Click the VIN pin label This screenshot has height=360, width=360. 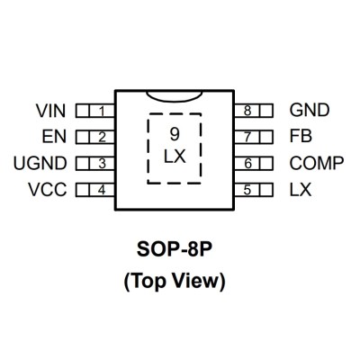point(50,111)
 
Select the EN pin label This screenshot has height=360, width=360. point(54,137)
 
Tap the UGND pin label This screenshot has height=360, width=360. point(40,164)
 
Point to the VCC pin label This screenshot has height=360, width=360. point(48,190)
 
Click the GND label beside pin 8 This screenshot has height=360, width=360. point(310,110)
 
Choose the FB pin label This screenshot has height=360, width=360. point(301,136)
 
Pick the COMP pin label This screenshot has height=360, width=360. point(317,163)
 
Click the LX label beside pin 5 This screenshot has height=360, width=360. point(301,190)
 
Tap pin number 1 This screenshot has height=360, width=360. point(102,112)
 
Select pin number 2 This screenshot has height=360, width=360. point(102,138)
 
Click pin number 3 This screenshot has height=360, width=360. point(102,164)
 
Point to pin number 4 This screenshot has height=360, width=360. point(102,190)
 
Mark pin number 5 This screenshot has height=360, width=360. point(247,190)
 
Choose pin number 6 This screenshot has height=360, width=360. point(247,164)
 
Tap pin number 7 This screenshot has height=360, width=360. point(247,137)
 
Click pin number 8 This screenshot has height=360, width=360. point(247,111)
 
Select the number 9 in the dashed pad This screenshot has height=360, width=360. point(175,134)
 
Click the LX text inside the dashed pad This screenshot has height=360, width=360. point(175,157)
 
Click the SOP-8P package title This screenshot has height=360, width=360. point(175,250)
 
